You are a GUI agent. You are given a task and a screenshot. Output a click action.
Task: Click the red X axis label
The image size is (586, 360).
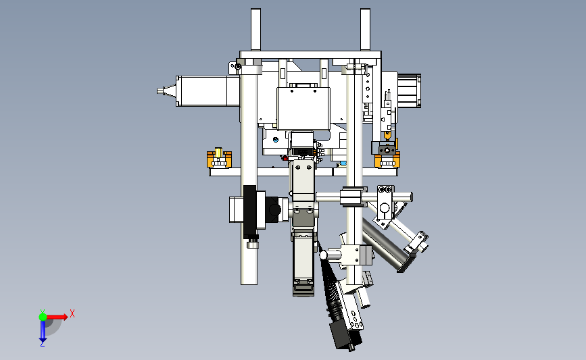pos(72,313)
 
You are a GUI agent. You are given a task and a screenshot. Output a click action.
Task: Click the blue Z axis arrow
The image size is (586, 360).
pos(43,331)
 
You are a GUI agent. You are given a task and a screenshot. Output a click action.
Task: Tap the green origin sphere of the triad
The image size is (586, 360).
pos(43,317)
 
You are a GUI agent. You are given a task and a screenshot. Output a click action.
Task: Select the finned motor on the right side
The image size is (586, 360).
pos(409,91)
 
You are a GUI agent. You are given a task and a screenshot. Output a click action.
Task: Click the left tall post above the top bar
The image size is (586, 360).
pos(255,30)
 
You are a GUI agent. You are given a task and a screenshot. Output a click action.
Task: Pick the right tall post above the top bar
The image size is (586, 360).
pos(365,30)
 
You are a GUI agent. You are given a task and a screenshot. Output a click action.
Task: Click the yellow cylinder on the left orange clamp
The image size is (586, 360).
pos(218,152)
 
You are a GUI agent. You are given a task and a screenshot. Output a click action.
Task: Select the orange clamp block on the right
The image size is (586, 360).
pos(387,159)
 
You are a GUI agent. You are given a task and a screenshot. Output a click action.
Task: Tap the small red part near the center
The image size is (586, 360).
pos(285,158)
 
